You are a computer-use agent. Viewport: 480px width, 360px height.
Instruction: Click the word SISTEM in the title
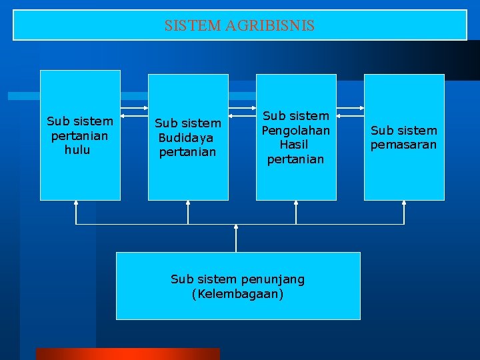pyautogui.click(x=193, y=26)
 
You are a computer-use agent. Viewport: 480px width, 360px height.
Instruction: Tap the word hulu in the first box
pyautogui.click(x=77, y=150)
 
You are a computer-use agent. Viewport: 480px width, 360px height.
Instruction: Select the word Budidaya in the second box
pyautogui.click(x=186, y=137)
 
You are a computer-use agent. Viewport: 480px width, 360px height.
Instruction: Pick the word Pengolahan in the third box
pyautogui.click(x=295, y=130)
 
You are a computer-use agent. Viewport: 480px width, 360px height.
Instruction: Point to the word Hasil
pyautogui.click(x=295, y=144)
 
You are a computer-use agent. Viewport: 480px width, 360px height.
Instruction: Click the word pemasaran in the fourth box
pyautogui.click(x=403, y=145)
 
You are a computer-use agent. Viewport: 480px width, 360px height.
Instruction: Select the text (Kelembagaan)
pyautogui.click(x=237, y=293)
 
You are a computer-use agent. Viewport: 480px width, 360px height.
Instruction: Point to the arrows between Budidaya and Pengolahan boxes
pyautogui.click(x=242, y=107)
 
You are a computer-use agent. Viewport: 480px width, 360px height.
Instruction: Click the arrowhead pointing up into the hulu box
pyautogui.click(x=76, y=203)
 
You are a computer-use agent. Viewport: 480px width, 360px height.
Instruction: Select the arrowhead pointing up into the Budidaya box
pyautogui.click(x=188, y=203)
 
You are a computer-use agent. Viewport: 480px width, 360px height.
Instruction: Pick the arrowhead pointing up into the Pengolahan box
pyautogui.click(x=296, y=203)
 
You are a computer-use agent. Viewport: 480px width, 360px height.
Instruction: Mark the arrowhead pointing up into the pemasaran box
pyautogui.click(x=403, y=203)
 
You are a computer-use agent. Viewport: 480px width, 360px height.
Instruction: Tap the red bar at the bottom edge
pyautogui.click(x=127, y=354)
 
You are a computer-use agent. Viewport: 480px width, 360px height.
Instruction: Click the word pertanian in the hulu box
pyautogui.click(x=79, y=135)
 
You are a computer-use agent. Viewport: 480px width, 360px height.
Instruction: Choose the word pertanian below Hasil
pyautogui.click(x=295, y=159)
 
